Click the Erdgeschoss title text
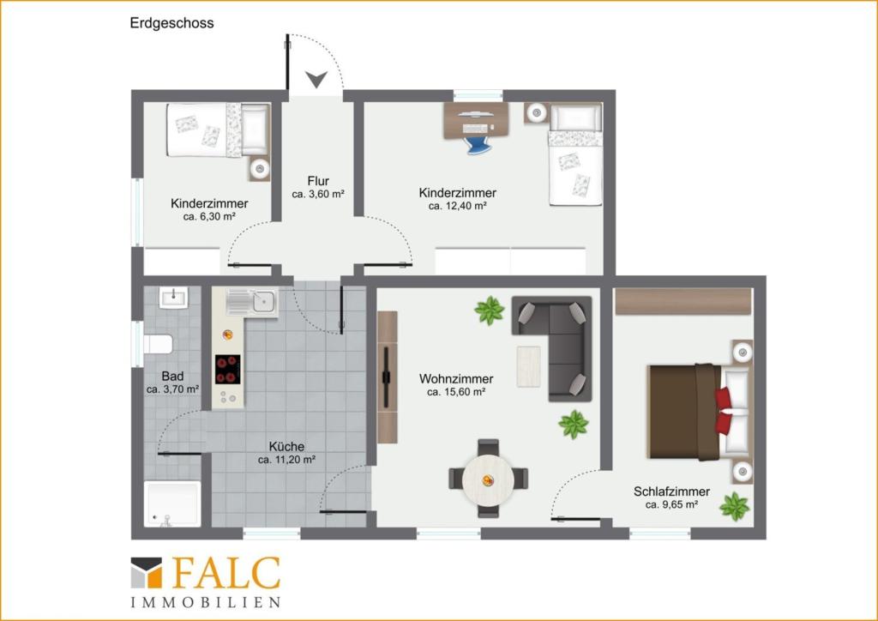171,23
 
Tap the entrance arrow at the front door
317,80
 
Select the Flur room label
318,181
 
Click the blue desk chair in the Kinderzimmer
478,142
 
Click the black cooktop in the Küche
228,370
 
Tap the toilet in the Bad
158,344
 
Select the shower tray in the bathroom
171,503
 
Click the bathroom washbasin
172,298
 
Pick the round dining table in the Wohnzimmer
488,479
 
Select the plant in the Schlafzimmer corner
734,506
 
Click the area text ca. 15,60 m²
456,392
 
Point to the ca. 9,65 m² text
671,505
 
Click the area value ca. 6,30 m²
209,217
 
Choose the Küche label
286,446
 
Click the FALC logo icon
147,573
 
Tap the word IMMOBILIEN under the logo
205,602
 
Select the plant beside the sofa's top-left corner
490,310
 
